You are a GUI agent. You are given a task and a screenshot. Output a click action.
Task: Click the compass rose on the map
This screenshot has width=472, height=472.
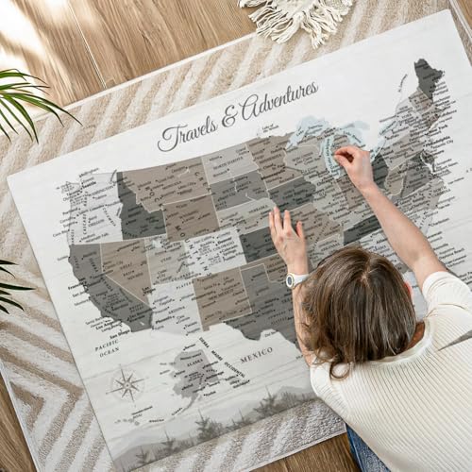coord(126,384)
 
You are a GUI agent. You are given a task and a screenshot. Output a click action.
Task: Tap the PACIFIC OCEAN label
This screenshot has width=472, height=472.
coord(106,350)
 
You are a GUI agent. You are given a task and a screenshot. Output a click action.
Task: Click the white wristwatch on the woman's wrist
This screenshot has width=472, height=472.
coord(296,279)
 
